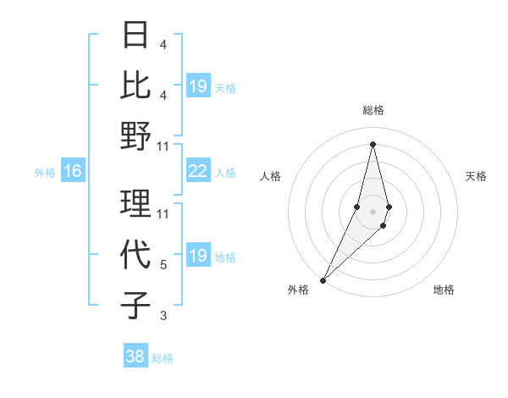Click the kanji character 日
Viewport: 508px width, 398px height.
pyautogui.click(x=136, y=36)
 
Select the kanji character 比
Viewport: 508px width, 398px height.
pyautogui.click(x=136, y=85)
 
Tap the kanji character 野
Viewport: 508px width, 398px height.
pyautogui.click(x=136, y=135)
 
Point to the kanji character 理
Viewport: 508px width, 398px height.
pyautogui.click(x=136, y=204)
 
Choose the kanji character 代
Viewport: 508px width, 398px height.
pyautogui.click(x=136, y=255)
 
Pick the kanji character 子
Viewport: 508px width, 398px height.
pyautogui.click(x=136, y=305)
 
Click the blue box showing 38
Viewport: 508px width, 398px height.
pyautogui.click(x=135, y=357)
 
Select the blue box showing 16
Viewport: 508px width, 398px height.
pyautogui.click(x=73, y=172)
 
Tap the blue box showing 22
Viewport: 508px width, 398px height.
pyautogui.click(x=197, y=172)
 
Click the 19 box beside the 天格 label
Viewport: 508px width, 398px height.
pyautogui.click(x=197, y=86)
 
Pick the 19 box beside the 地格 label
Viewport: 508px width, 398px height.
pyautogui.click(x=197, y=256)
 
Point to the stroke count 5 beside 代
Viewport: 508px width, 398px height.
pyautogui.click(x=163, y=265)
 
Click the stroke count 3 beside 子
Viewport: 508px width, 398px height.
pyautogui.click(x=163, y=316)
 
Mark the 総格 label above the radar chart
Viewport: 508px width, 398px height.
pyautogui.click(x=373, y=110)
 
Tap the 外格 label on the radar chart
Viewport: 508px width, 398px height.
pyautogui.click(x=298, y=290)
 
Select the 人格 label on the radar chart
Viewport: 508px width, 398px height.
pyautogui.click(x=271, y=176)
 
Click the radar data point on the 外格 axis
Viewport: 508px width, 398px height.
pyautogui.click(x=323, y=279)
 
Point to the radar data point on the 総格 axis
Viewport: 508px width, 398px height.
pyautogui.click(x=373, y=143)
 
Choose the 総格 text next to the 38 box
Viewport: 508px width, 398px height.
pyautogui.click(x=163, y=358)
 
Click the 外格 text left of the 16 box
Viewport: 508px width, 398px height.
pyautogui.click(x=45, y=173)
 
